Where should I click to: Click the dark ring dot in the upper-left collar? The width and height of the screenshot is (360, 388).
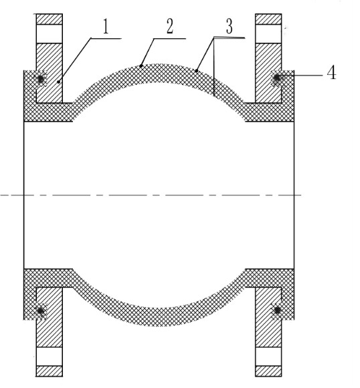click(42, 80)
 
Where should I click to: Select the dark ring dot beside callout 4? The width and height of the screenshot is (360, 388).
click(276, 80)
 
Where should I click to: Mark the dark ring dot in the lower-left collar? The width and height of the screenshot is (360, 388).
click(42, 311)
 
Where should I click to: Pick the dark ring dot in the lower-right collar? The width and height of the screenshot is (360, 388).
click(276, 311)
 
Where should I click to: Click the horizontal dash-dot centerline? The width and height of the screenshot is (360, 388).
click(161, 195)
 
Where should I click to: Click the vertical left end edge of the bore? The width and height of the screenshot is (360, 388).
click(24, 195)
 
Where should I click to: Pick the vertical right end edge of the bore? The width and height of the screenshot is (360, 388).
click(295, 195)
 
